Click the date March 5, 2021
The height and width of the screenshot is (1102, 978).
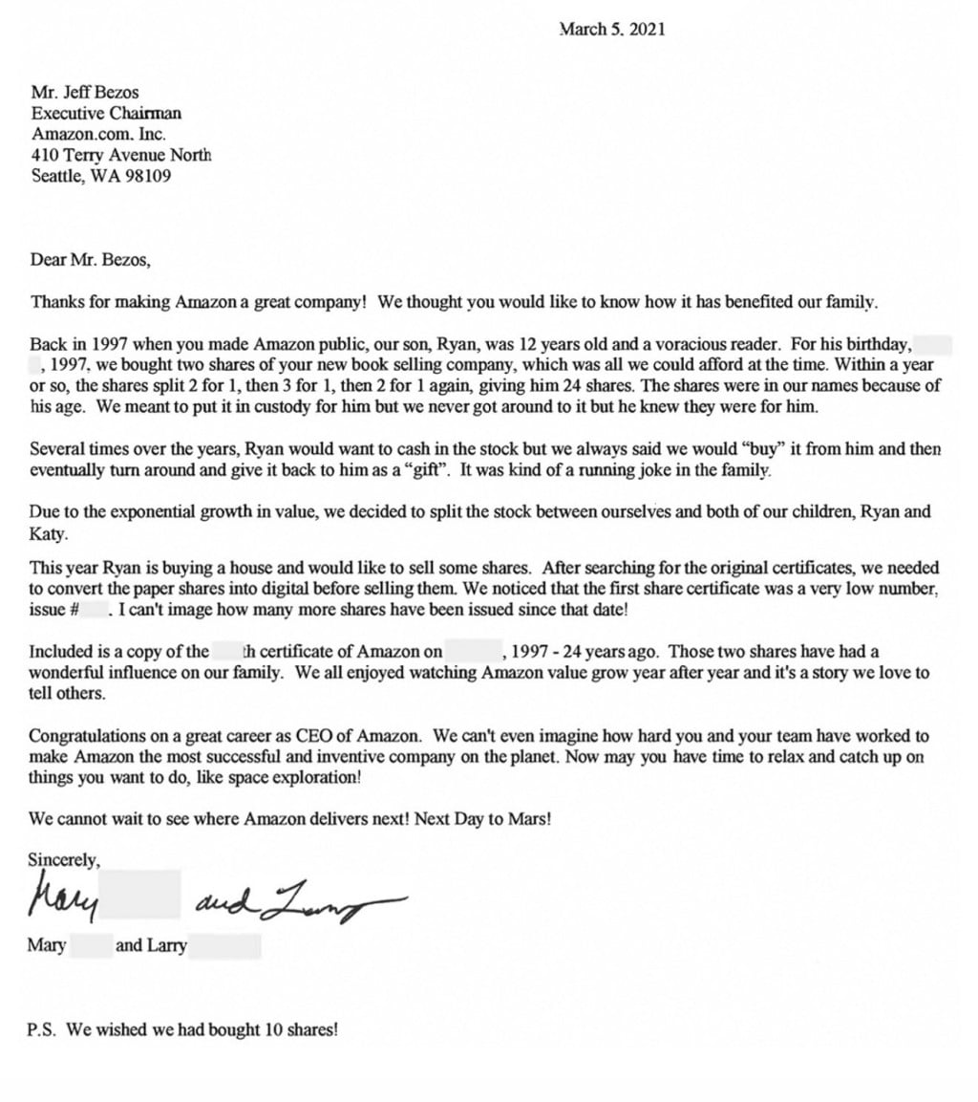pos(612,30)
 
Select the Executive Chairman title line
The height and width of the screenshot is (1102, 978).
pos(106,113)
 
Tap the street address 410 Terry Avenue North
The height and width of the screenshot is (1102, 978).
pos(121,155)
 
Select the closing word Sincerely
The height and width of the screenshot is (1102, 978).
pos(64,860)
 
